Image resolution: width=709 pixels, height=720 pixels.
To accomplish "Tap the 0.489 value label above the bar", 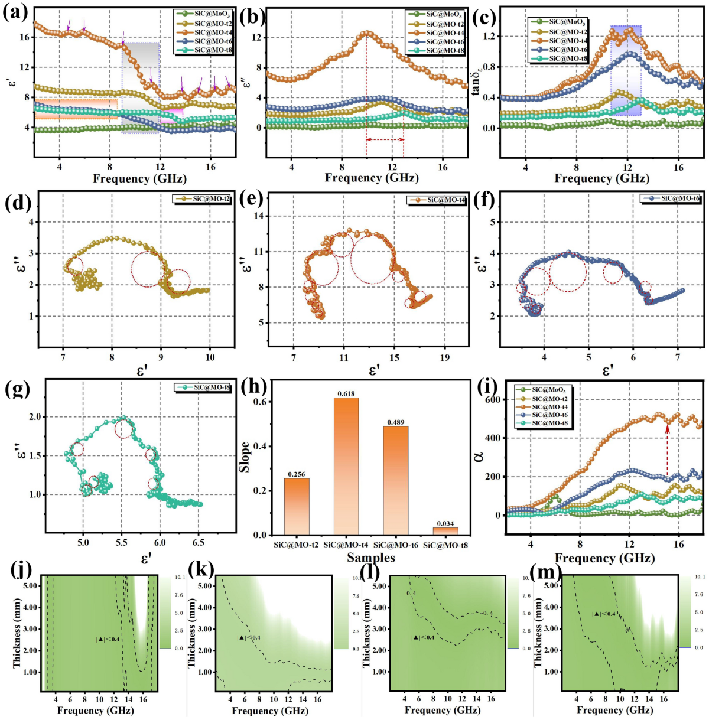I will pyautogui.click(x=395, y=422).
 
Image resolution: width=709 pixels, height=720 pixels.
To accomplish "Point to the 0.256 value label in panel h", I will pyautogui.click(x=297, y=474).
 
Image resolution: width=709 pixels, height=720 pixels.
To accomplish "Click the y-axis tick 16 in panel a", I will pyautogui.click(x=24, y=37).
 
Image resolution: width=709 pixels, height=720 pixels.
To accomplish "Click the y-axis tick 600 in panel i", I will pyautogui.click(x=487, y=400).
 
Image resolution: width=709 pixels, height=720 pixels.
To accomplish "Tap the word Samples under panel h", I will pyautogui.click(x=371, y=558).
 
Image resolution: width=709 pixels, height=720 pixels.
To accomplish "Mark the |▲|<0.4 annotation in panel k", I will pyautogui.click(x=249, y=637).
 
